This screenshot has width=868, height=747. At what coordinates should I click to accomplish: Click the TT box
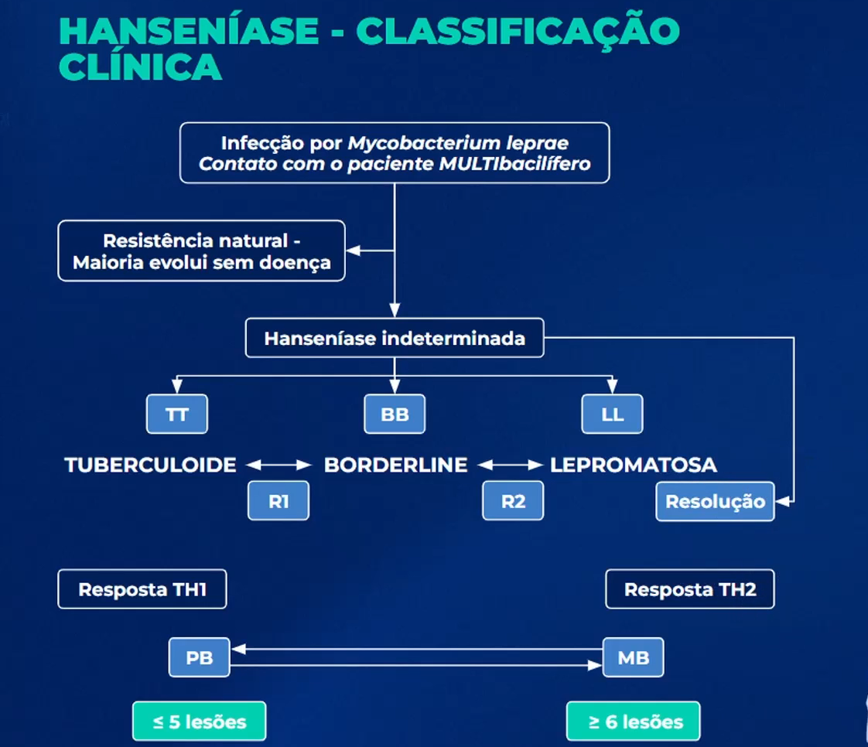(x=177, y=414)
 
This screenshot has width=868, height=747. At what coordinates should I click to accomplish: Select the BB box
(x=395, y=414)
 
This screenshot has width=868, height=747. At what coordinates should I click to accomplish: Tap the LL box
(x=612, y=414)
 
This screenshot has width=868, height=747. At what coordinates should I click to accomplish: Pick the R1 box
(x=279, y=501)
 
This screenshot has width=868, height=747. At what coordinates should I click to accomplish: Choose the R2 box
(x=513, y=501)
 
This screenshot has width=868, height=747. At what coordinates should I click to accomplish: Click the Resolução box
(x=715, y=501)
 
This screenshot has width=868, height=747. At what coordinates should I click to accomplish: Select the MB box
(x=633, y=659)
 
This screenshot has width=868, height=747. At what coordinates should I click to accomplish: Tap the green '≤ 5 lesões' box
(x=199, y=721)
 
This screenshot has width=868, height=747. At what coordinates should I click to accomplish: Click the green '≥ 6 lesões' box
(x=633, y=721)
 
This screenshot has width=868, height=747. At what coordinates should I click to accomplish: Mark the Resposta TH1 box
(x=142, y=590)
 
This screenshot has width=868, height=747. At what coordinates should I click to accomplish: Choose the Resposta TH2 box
(x=689, y=590)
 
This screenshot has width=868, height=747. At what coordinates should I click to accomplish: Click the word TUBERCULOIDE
(x=151, y=465)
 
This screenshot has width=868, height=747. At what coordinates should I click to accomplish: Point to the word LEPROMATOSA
(x=633, y=465)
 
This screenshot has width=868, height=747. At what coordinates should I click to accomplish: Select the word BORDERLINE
(x=395, y=465)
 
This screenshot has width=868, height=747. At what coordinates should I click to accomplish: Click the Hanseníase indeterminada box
(x=395, y=339)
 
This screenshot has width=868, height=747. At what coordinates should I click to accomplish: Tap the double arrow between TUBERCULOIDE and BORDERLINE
(x=278, y=465)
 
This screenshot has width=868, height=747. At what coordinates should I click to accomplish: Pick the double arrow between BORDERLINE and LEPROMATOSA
(x=510, y=465)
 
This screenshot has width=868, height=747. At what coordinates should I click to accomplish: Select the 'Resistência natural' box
(x=201, y=251)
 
